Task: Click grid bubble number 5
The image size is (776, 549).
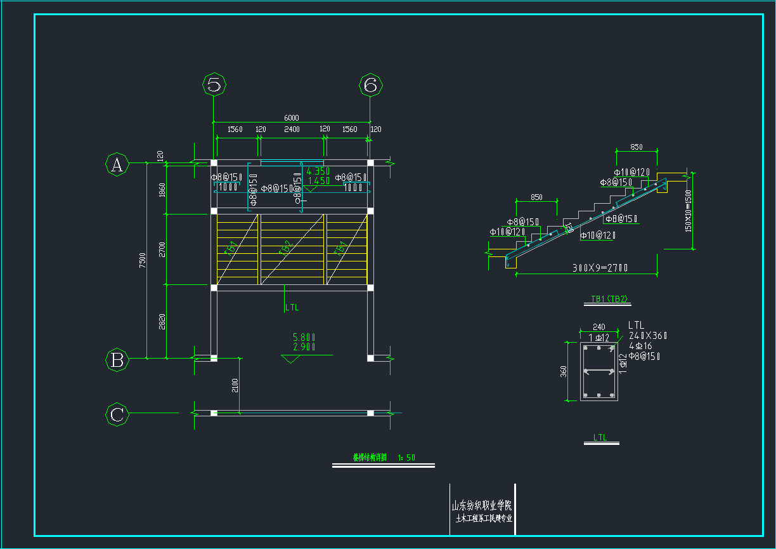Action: click(x=214, y=84)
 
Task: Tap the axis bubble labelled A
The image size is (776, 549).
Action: click(x=117, y=165)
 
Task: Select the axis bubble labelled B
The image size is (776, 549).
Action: click(x=117, y=360)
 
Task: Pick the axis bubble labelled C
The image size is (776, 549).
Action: click(x=117, y=415)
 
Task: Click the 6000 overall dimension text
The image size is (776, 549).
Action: click(x=291, y=118)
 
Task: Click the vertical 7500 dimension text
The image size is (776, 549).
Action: click(x=143, y=260)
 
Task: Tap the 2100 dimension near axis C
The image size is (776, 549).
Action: click(x=235, y=385)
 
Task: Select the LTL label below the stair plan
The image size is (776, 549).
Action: click(x=292, y=308)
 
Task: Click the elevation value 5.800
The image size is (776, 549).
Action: click(x=304, y=338)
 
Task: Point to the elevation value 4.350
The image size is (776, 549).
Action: click(x=318, y=171)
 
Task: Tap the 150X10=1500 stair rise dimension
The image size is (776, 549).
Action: click(x=689, y=210)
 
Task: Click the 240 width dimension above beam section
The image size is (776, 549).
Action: click(x=599, y=327)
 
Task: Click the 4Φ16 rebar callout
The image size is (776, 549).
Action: click(x=640, y=346)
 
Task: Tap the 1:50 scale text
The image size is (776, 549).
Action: click(x=406, y=457)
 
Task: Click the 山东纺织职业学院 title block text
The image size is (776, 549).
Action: click(x=481, y=506)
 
